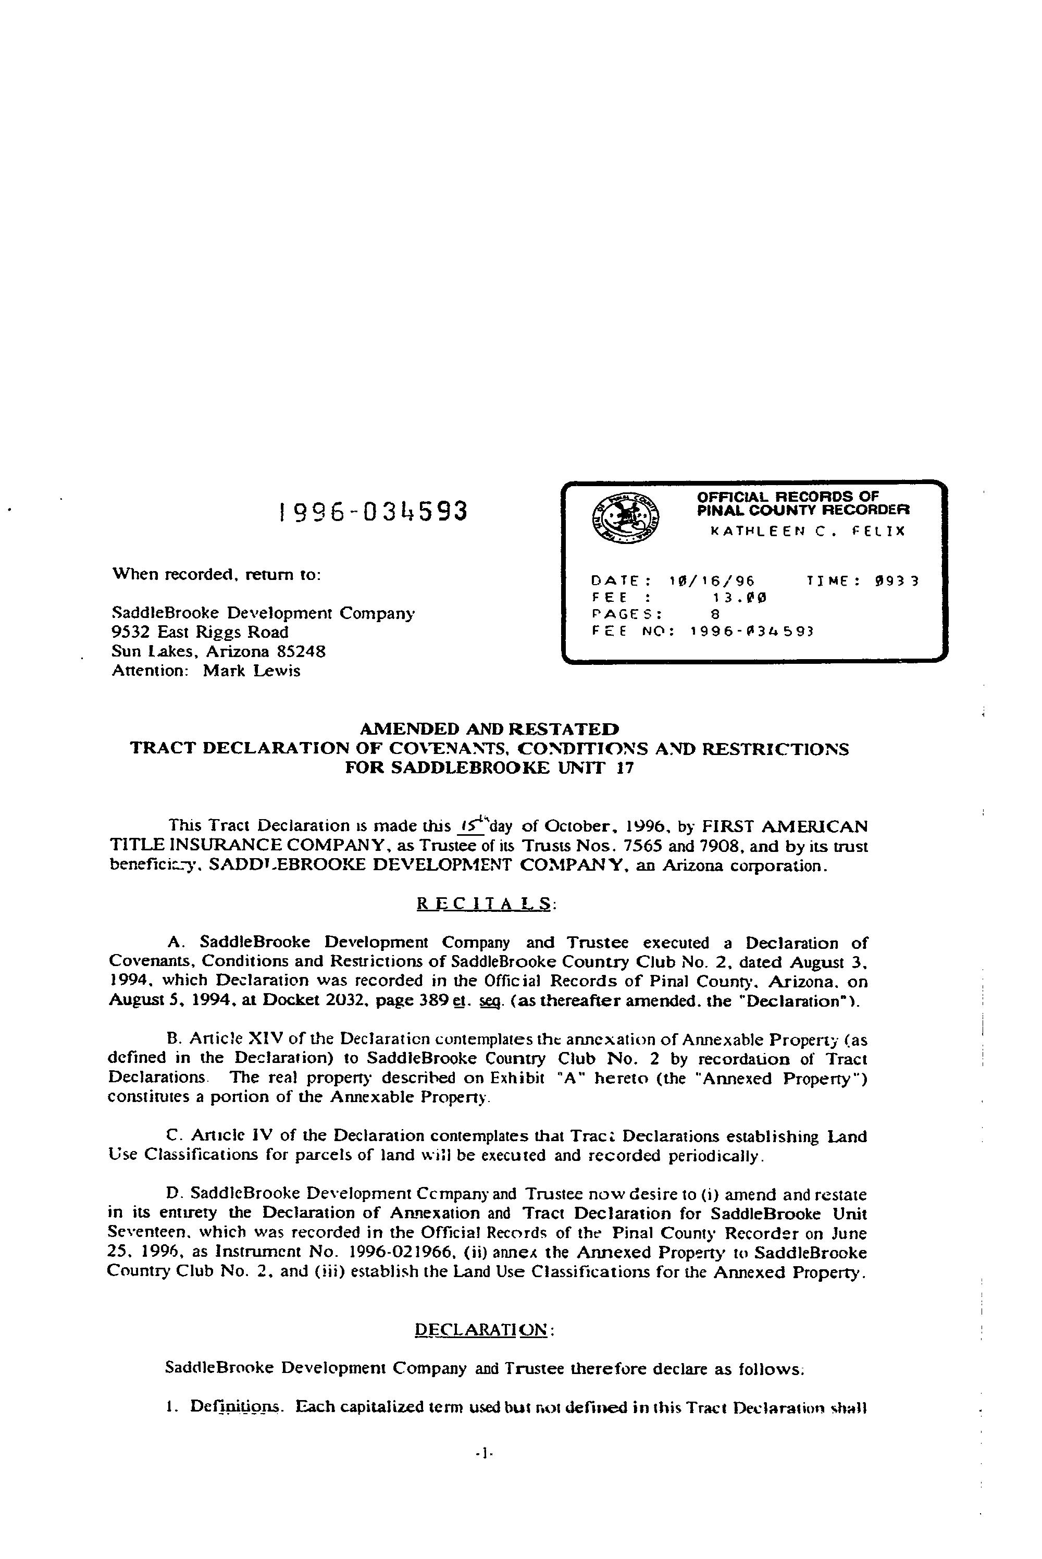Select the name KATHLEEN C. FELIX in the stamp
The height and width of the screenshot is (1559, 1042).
(x=808, y=531)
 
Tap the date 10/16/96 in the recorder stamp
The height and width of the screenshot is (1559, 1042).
(x=712, y=580)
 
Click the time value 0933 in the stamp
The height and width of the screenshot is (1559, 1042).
(x=897, y=580)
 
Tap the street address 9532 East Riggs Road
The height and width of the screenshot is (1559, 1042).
(x=200, y=632)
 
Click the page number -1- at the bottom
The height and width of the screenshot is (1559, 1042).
(x=483, y=1453)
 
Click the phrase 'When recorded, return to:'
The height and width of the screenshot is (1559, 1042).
(x=217, y=574)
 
